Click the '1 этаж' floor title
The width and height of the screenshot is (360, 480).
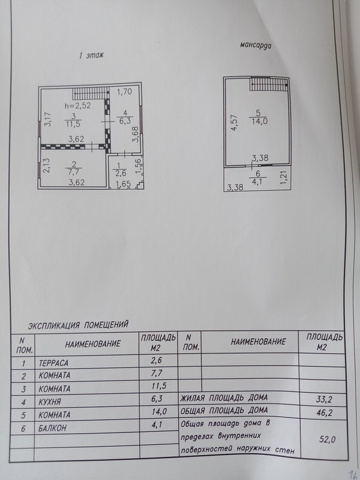point(91,56)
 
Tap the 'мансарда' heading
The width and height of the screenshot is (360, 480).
point(256,45)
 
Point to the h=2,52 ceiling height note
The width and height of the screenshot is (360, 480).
point(77,106)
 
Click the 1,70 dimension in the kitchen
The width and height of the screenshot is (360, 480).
point(124,91)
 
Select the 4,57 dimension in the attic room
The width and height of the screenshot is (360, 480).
point(234,122)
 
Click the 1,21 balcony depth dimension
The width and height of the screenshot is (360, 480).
point(284,177)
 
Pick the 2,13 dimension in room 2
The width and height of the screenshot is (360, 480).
point(46,165)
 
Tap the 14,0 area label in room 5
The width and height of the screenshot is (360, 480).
point(259,121)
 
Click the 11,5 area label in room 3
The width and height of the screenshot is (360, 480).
point(73,123)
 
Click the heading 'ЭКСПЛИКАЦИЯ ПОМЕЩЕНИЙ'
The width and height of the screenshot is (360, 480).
point(78,325)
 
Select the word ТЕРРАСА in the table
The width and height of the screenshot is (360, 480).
point(54,363)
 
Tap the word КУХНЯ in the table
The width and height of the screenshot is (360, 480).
point(50,402)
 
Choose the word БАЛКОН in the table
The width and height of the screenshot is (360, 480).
point(52,428)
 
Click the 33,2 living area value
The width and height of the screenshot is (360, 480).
point(322,399)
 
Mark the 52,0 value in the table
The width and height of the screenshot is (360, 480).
point(327,439)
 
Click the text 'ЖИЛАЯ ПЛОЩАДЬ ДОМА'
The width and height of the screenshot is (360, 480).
point(224,398)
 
